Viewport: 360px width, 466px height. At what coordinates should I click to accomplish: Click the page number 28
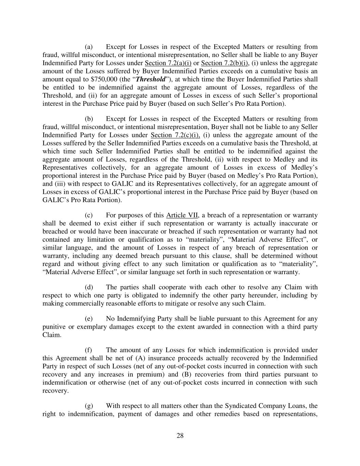[180, 436]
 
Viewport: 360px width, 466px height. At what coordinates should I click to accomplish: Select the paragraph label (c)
[89, 215]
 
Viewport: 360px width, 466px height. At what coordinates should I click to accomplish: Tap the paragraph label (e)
[89, 319]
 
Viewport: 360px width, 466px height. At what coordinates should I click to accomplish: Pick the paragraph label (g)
[89, 406]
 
